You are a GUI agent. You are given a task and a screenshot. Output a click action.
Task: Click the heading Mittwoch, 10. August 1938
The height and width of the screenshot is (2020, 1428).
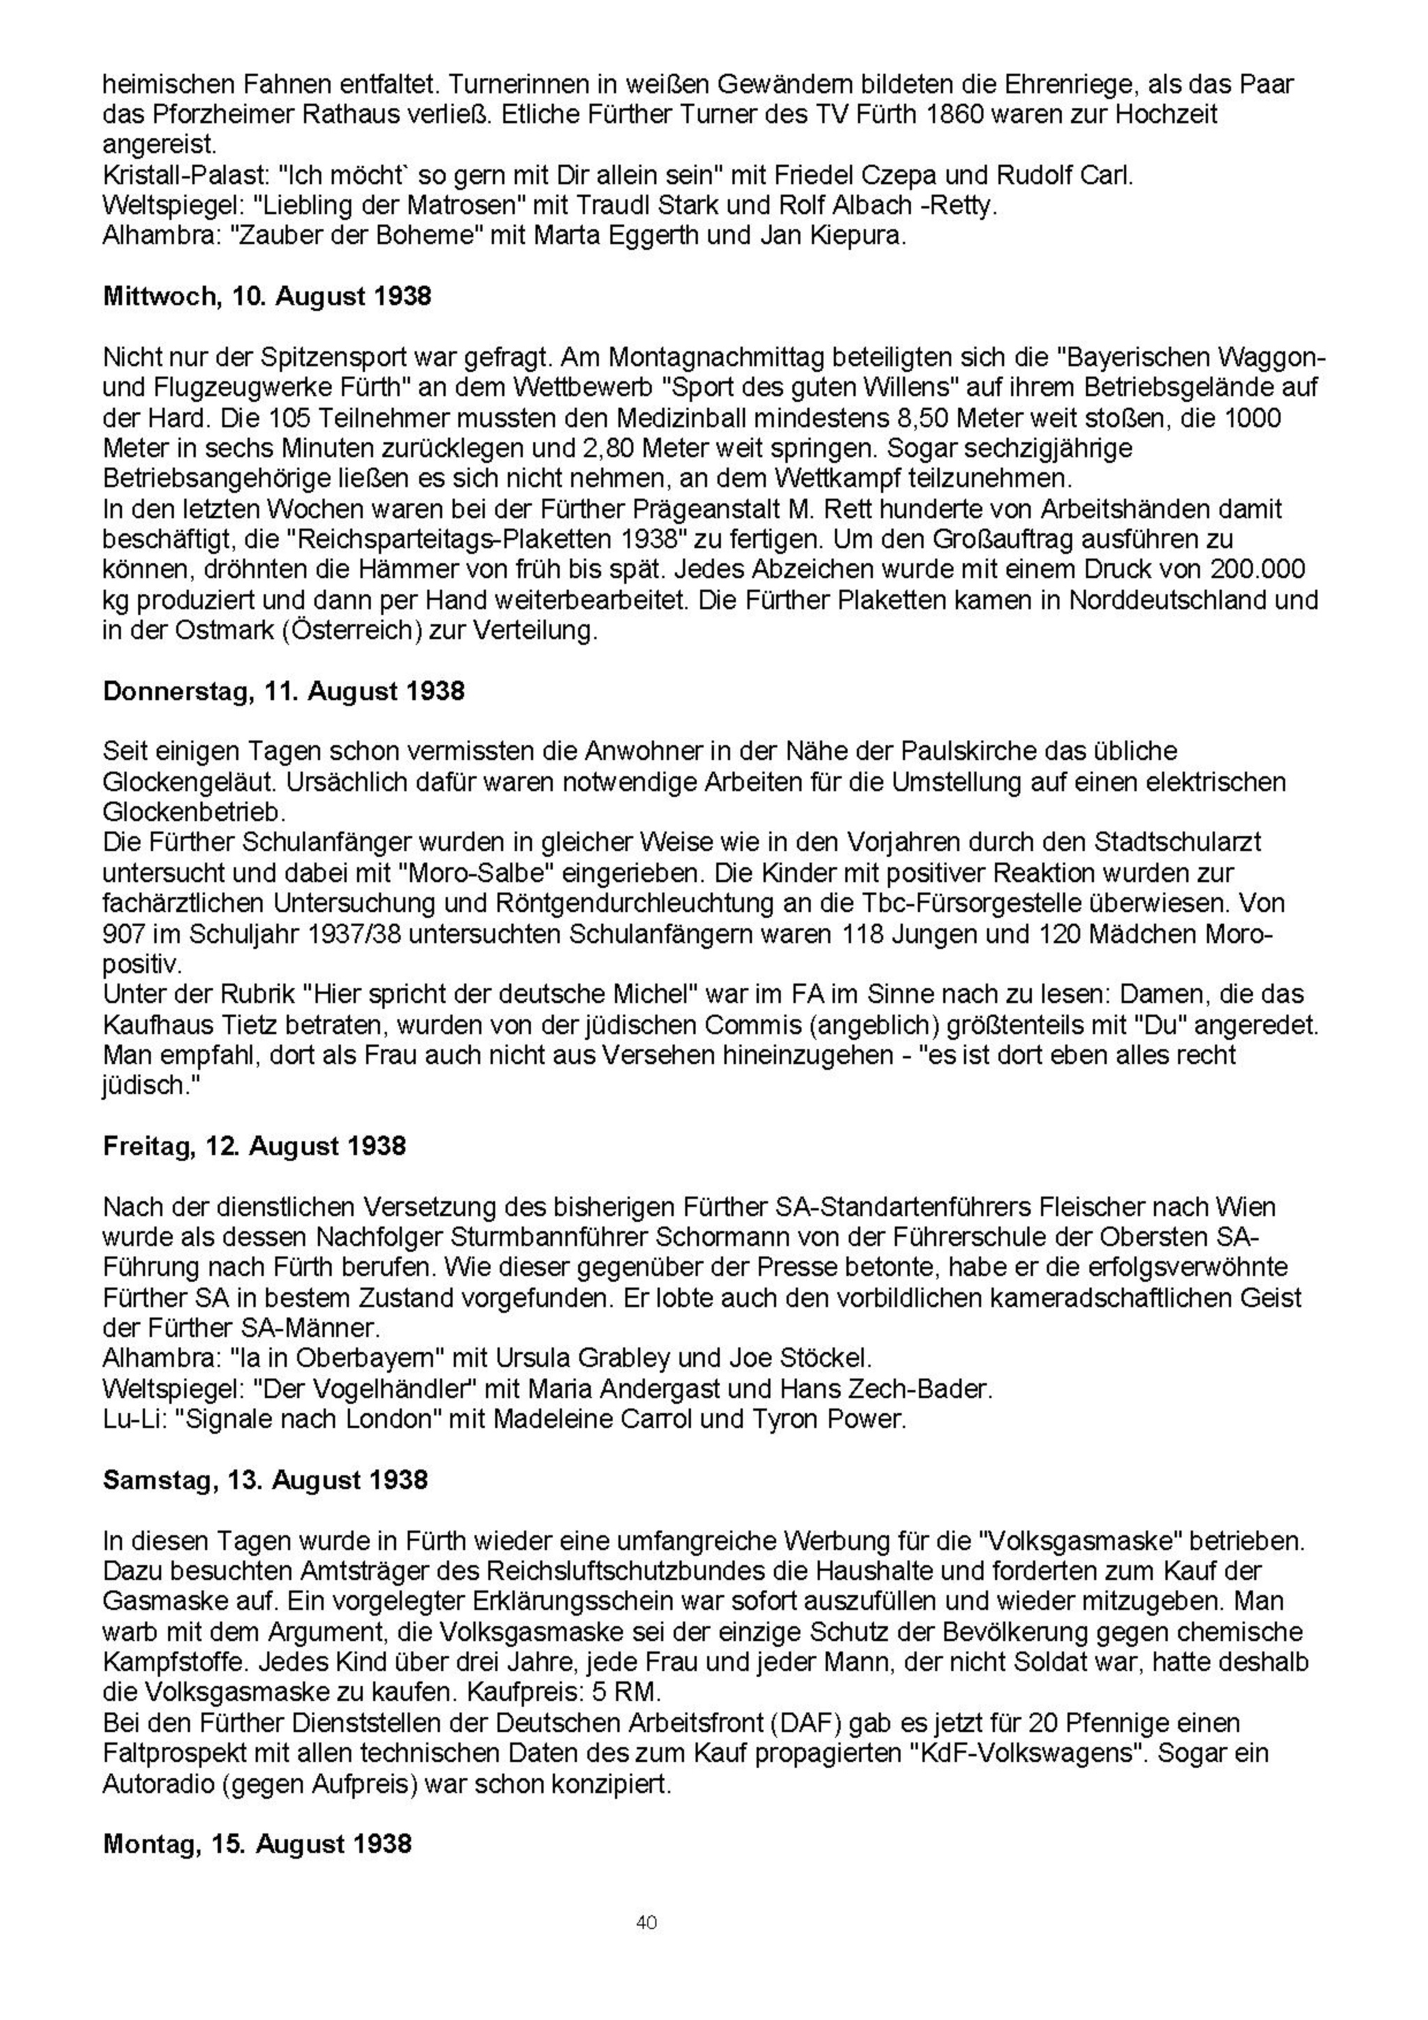point(268,296)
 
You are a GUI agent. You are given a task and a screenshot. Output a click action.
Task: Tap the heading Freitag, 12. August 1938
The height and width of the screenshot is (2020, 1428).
point(255,1146)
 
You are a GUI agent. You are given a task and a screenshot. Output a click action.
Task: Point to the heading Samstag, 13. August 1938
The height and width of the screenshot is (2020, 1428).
point(265,1479)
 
